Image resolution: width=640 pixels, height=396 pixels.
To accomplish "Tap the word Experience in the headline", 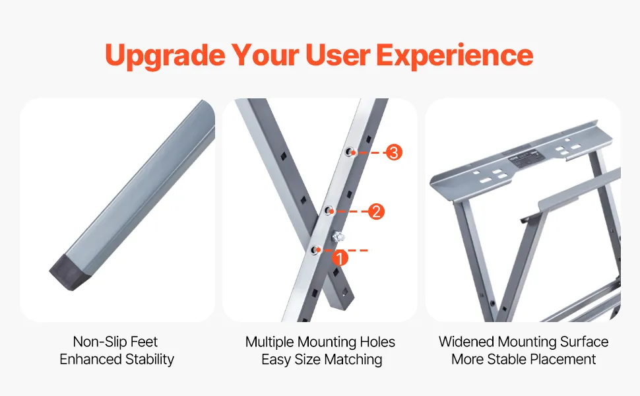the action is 455,56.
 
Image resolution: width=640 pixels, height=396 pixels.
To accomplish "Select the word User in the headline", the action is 338,55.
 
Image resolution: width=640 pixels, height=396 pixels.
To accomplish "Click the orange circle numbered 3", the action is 393,152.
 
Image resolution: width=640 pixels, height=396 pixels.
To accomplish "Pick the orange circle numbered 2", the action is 376,211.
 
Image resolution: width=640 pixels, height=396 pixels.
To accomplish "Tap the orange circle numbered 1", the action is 340,258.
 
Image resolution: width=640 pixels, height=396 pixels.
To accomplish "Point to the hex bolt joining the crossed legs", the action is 338,236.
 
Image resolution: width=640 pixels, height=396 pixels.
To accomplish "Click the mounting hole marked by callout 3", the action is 350,152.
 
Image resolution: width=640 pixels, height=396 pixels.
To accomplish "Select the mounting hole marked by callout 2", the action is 329,211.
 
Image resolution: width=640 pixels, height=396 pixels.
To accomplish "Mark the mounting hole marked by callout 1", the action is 315,250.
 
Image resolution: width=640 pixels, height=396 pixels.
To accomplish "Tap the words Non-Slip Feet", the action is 115,341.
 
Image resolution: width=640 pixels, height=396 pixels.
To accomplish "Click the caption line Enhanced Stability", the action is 117,359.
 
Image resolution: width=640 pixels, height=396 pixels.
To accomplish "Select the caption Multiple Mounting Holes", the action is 321,342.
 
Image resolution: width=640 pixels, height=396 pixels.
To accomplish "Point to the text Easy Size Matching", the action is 321,360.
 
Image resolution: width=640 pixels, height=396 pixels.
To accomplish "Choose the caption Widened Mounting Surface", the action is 524,342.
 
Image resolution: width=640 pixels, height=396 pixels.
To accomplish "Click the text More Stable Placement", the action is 524,359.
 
